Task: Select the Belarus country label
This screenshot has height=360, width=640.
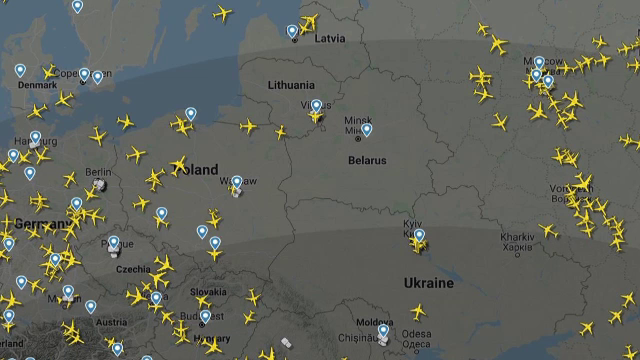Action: pyautogui.click(x=367, y=160)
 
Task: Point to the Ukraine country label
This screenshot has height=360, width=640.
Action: pyautogui.click(x=428, y=284)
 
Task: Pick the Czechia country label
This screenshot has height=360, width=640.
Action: pyautogui.click(x=133, y=270)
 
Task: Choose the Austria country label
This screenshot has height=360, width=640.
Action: pyautogui.click(x=111, y=322)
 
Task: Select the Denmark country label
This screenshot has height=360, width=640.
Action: pyautogui.click(x=37, y=85)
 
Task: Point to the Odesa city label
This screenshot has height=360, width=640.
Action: pyautogui.click(x=417, y=334)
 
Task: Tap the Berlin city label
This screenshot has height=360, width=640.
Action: pyautogui.click(x=98, y=173)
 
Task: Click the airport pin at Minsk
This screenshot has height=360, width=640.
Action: pyautogui.click(x=367, y=128)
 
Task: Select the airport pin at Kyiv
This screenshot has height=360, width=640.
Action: pyautogui.click(x=419, y=235)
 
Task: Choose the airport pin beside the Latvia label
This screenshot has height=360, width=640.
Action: pyautogui.click(x=292, y=31)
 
